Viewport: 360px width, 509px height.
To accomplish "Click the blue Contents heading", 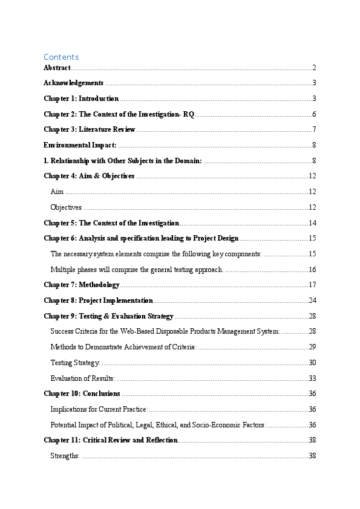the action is (x=61, y=57).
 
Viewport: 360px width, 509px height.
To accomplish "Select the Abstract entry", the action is (x=57, y=68).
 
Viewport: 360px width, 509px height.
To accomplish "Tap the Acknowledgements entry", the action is (x=73, y=83).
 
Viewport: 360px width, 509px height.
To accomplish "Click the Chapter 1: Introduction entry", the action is (x=81, y=99).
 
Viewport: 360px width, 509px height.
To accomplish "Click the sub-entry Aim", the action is (x=57, y=192).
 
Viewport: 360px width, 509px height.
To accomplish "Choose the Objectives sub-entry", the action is (x=66, y=207).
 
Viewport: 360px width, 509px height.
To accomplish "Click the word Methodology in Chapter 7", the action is (x=99, y=285).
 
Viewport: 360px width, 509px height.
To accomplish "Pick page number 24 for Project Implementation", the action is (x=313, y=300).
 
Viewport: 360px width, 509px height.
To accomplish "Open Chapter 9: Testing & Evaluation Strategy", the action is (x=109, y=316).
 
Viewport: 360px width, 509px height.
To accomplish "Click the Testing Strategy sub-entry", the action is (x=75, y=363).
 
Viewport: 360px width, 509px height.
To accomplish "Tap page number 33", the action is (x=313, y=378).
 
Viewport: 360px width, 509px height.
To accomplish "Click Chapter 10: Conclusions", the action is (x=82, y=394).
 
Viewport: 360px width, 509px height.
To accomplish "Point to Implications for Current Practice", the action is (x=99, y=409).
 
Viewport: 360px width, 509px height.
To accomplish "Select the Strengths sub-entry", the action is (x=65, y=456).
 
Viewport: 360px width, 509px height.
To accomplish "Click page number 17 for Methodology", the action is (x=313, y=285).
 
